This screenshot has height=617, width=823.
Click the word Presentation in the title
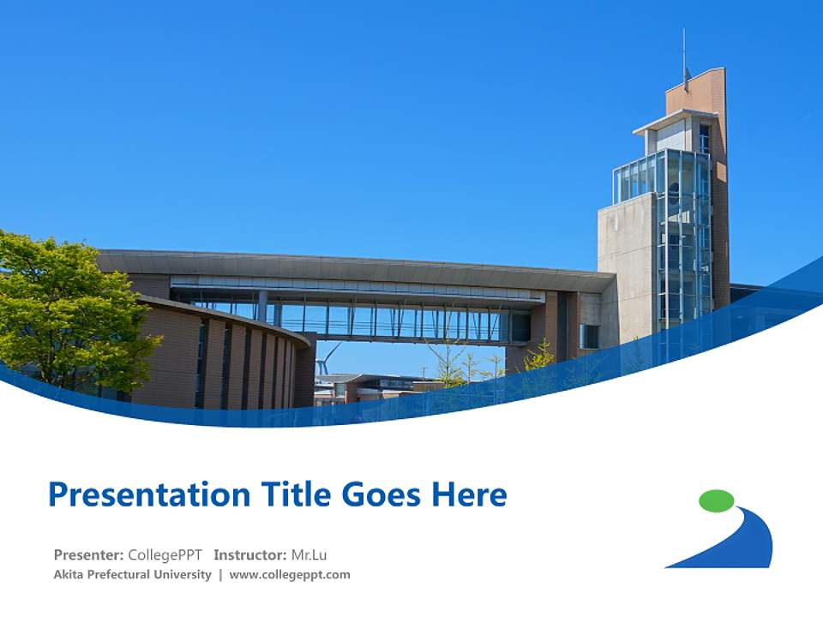coord(149,494)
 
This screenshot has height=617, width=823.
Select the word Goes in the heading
coord(381,494)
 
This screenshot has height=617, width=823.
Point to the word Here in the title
coord(469,494)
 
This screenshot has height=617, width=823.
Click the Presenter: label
coord(88,554)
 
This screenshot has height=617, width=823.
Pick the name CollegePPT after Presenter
coord(165,555)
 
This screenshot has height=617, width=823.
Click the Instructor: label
coord(249,554)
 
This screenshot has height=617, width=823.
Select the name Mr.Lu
coord(309,554)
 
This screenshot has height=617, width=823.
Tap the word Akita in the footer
coord(69,574)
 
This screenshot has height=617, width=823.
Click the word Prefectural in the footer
coord(118,574)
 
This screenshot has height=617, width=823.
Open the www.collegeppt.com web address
coord(290,575)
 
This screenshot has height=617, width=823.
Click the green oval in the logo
coord(717,500)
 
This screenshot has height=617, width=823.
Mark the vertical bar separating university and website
coord(220,575)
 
